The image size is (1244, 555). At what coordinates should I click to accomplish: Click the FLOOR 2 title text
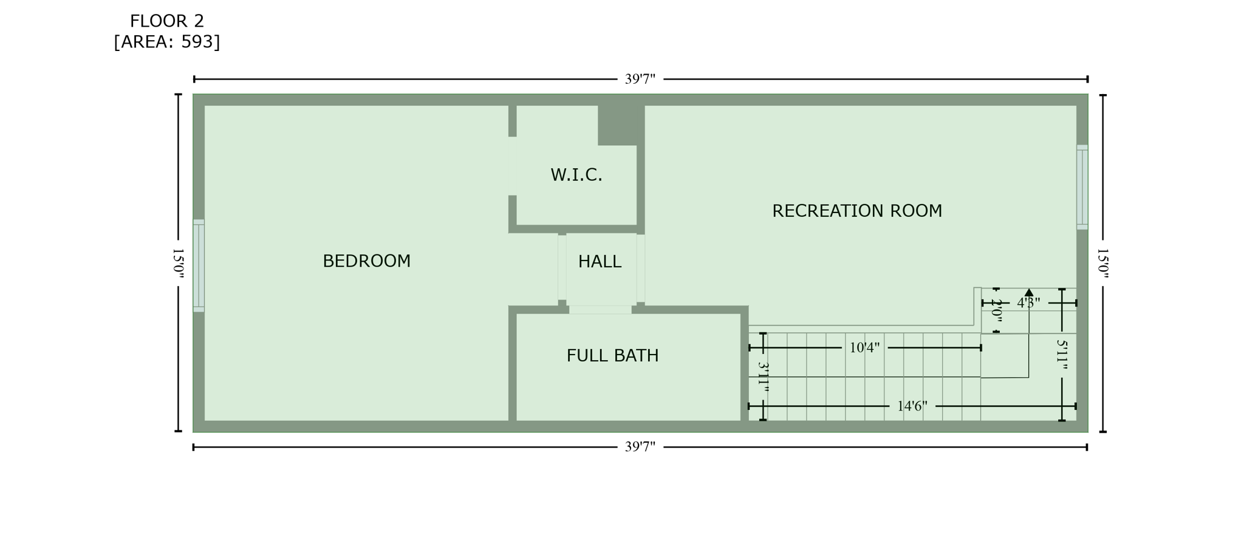click(x=166, y=21)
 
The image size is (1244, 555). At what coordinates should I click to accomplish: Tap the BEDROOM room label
click(x=366, y=261)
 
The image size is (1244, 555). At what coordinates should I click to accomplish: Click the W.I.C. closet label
click(x=576, y=175)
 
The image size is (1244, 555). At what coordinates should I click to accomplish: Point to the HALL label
click(x=600, y=262)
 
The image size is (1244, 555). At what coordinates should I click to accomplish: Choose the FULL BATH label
click(x=612, y=356)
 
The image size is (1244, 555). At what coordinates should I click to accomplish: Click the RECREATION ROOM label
click(x=856, y=211)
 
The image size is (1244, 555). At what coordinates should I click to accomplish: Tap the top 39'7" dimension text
click(x=640, y=80)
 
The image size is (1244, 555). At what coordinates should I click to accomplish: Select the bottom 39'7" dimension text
click(x=640, y=448)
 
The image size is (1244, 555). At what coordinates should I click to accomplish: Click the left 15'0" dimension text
click(x=178, y=263)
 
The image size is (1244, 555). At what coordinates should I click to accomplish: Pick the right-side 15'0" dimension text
click(x=1102, y=263)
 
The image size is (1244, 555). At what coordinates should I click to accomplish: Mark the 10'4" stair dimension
click(x=864, y=348)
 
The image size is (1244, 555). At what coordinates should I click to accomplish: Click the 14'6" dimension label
click(x=912, y=406)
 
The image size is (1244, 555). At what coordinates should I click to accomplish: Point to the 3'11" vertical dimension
click(x=764, y=376)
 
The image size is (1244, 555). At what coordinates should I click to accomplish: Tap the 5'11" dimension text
click(x=1062, y=355)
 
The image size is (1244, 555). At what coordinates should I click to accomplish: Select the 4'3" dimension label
click(x=1028, y=303)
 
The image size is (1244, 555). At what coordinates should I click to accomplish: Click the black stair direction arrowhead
click(x=1029, y=293)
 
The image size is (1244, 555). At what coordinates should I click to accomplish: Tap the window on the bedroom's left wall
click(x=199, y=266)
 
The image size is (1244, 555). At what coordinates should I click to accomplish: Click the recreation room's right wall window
click(x=1082, y=187)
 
